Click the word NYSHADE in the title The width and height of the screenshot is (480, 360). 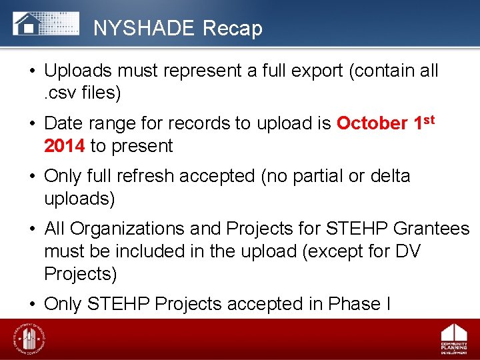[143, 28]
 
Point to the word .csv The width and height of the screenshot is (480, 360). [59, 93]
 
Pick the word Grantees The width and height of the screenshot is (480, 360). [432, 229]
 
